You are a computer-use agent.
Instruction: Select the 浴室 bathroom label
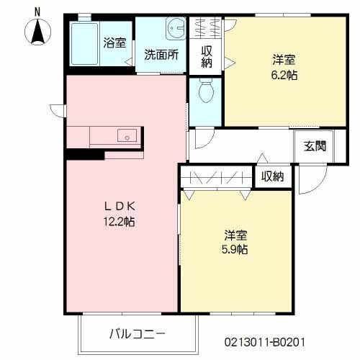[114, 42]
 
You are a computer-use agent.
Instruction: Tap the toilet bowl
[204, 91]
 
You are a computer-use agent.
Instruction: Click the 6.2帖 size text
[285, 74]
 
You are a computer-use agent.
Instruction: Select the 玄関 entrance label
[315, 146]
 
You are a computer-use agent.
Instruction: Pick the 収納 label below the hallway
[272, 176]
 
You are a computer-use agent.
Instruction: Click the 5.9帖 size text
[236, 249]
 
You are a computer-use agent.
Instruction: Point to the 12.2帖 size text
[119, 222]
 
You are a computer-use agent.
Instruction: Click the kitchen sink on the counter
[126, 135]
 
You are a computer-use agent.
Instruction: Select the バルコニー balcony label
[138, 334]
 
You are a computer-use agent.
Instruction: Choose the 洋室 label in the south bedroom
[236, 235]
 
